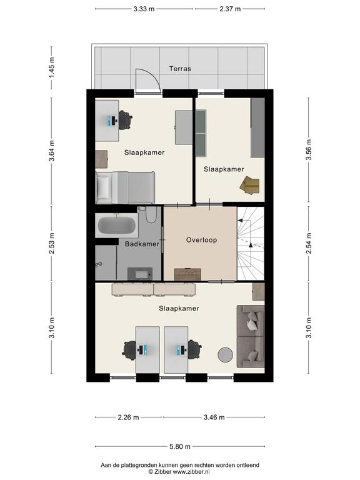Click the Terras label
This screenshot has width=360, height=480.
click(180, 69)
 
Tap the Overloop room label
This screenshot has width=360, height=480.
click(201, 240)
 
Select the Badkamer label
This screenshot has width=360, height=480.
click(142, 244)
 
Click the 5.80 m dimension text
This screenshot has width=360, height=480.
click(180, 447)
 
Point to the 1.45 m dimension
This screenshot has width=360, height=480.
click(51, 67)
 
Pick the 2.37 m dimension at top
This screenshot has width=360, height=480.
click(230, 9)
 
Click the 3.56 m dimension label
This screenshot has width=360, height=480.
click(309, 150)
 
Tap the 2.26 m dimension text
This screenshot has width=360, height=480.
click(128, 417)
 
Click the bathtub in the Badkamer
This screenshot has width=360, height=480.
click(117, 225)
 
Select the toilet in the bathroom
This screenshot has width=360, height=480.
click(151, 214)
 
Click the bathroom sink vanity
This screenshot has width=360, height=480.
click(140, 274)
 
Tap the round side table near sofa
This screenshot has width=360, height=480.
click(225, 355)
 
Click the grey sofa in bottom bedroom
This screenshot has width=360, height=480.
click(251, 336)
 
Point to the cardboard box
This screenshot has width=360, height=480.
click(250, 185)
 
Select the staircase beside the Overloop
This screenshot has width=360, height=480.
click(251, 243)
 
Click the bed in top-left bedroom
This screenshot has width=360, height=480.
click(125, 187)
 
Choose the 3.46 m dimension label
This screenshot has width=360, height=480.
click(214, 417)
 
